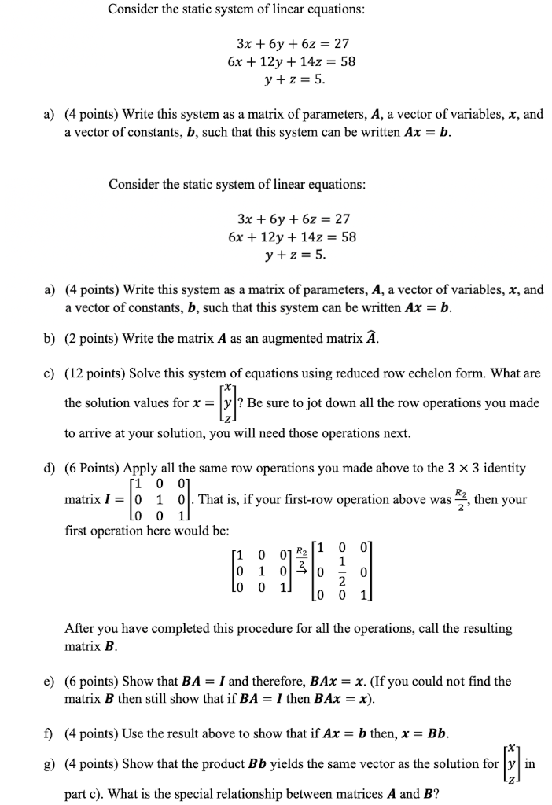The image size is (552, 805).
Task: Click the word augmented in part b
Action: [x=293, y=339]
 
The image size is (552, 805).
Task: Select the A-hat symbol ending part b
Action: [x=374, y=338]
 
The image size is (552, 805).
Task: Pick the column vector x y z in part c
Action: [x=226, y=403]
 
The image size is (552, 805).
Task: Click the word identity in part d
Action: [x=502, y=468]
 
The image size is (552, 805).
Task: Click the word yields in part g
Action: [x=272, y=763]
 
